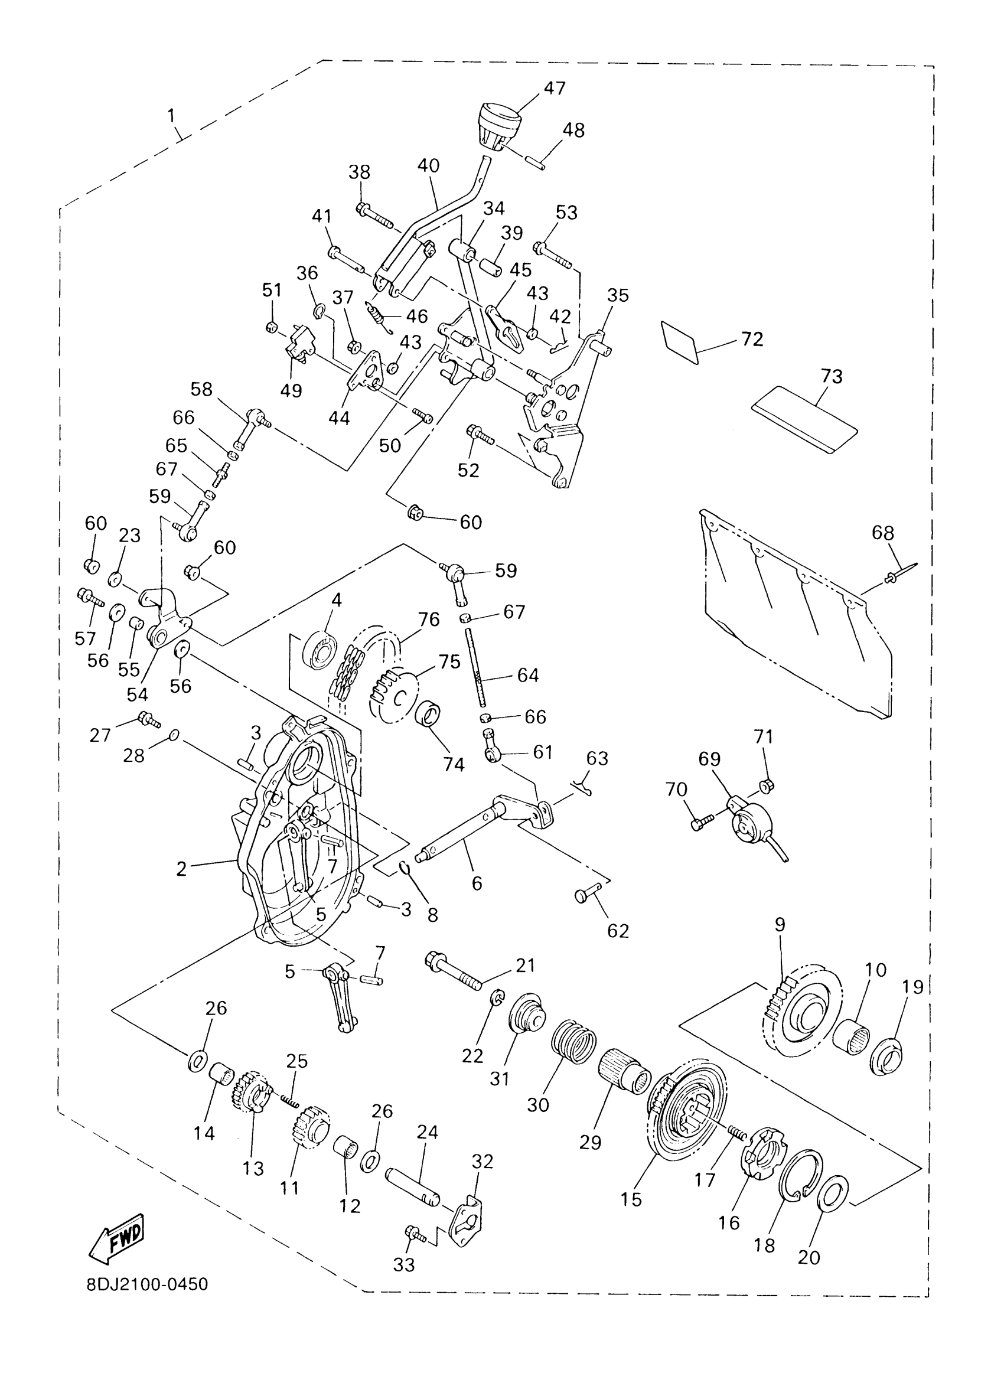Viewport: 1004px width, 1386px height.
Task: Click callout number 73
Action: tap(832, 376)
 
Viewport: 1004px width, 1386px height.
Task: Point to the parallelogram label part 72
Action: tap(680, 343)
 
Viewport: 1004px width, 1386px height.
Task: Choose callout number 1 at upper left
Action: tap(171, 116)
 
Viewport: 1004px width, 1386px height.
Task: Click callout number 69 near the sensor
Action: tap(709, 759)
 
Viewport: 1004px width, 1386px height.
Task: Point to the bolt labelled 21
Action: tap(453, 971)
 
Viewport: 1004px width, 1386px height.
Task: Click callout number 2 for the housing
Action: tap(181, 869)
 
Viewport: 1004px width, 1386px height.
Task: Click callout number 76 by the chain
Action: tap(429, 619)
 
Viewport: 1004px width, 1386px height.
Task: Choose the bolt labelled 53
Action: tap(553, 256)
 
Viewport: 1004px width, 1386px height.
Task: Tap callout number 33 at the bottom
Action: tap(404, 1264)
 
